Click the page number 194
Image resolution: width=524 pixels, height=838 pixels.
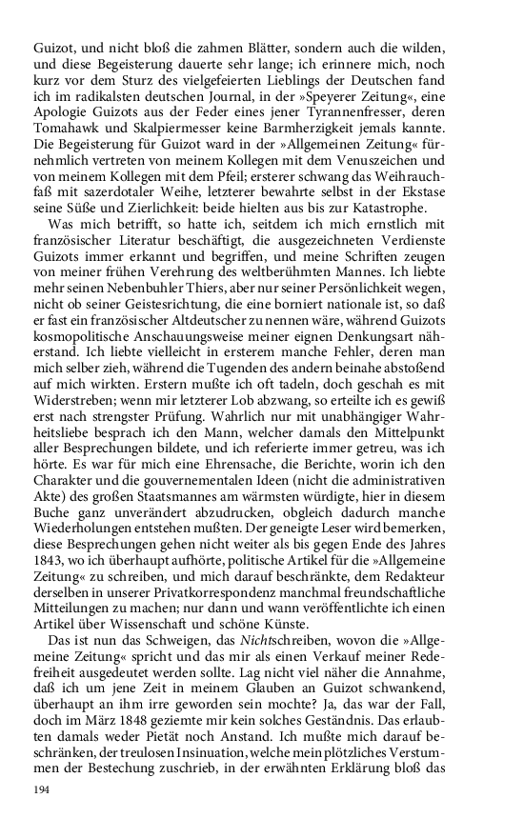(x=41, y=790)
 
